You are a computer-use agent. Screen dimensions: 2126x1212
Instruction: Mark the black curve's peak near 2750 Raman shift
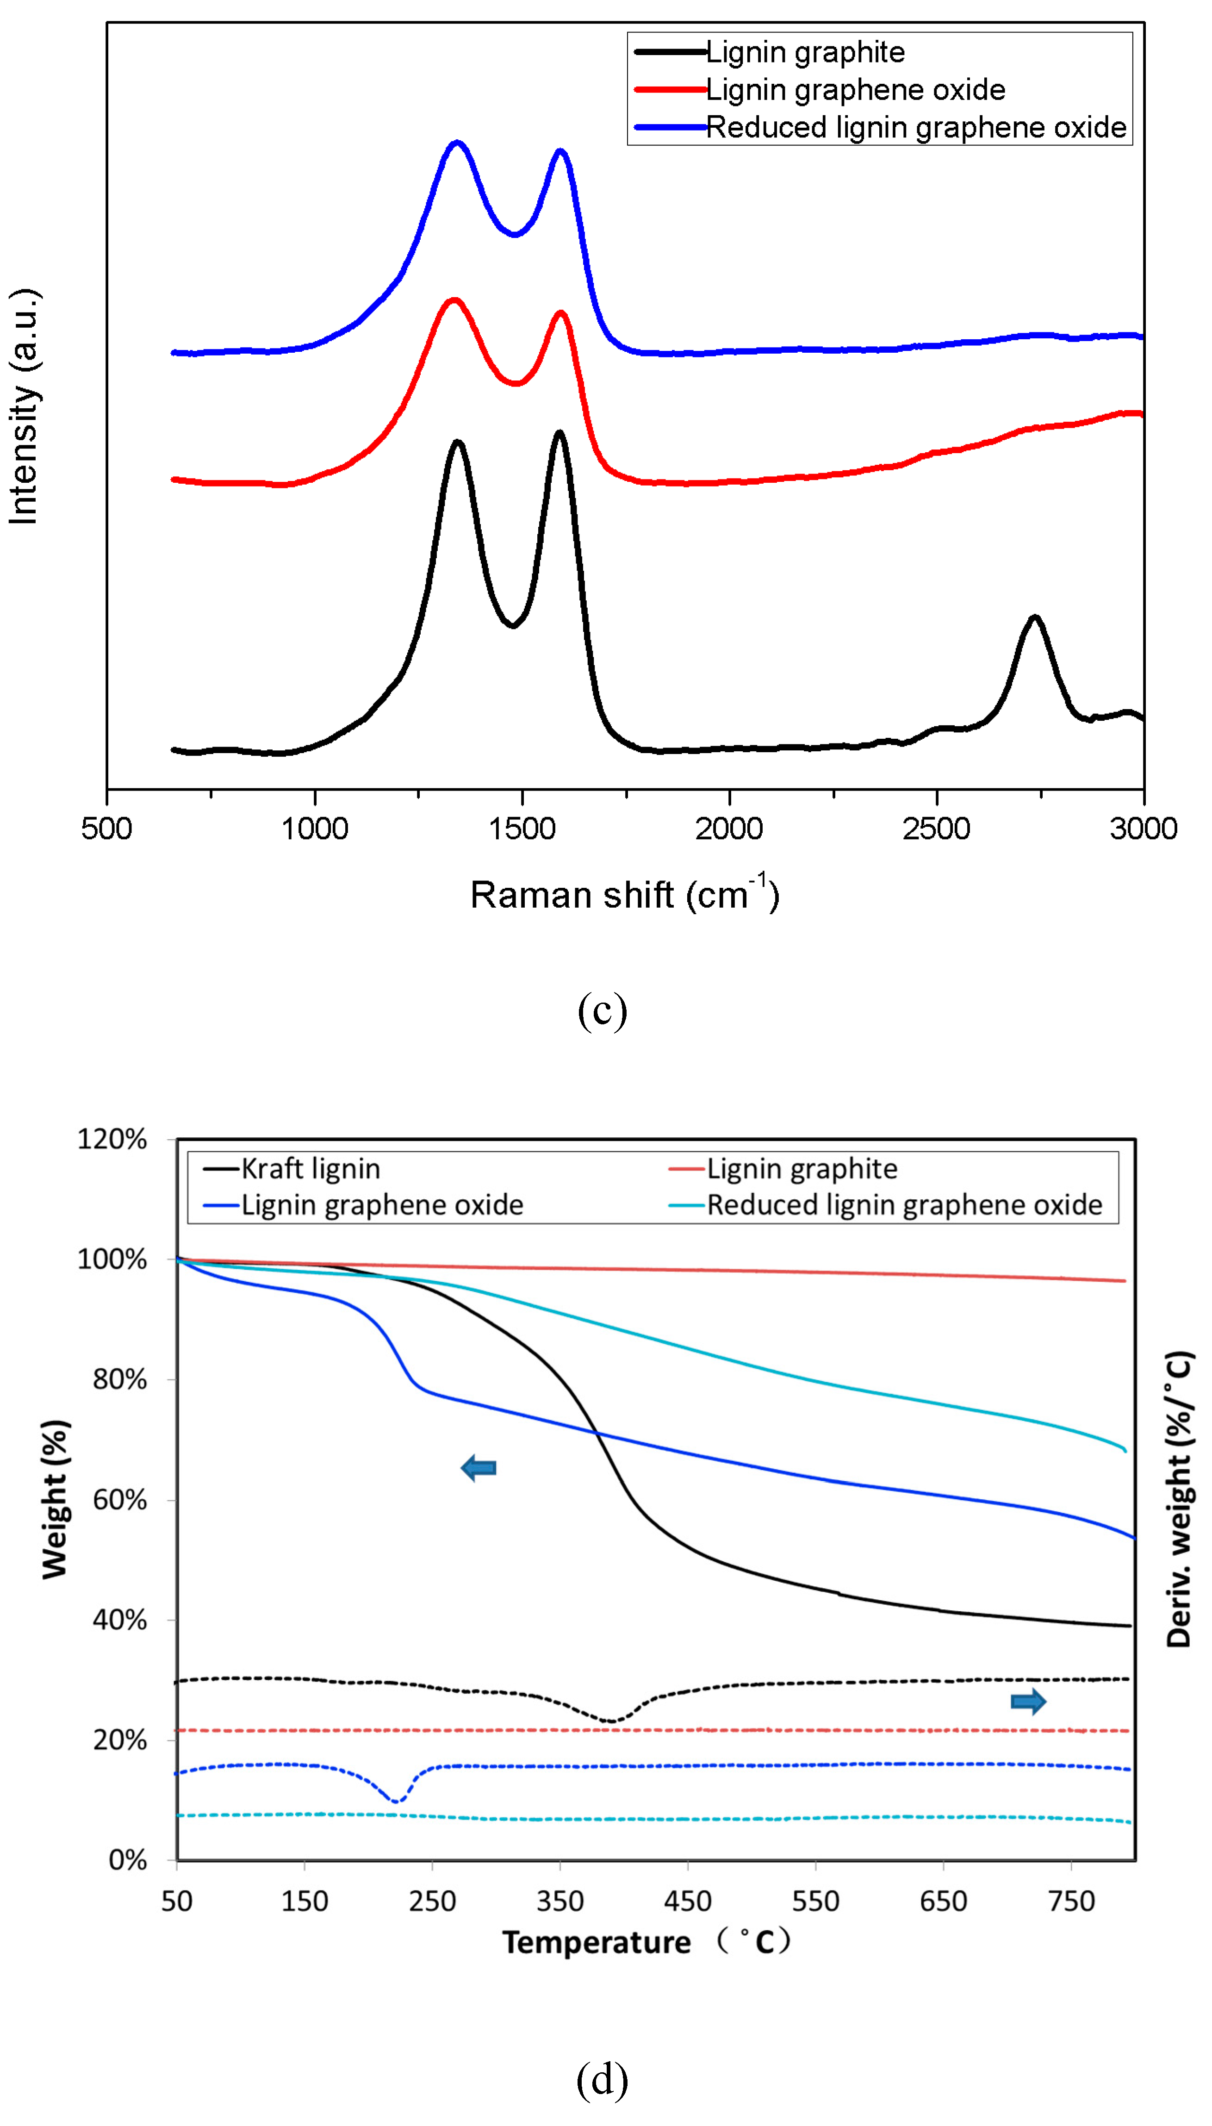pos(1035,617)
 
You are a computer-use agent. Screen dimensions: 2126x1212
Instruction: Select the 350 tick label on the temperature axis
pos(560,1901)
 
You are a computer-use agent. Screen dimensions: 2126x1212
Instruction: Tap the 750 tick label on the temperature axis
pos(1071,1901)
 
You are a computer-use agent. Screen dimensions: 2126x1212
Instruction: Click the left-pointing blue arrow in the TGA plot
pos(479,1468)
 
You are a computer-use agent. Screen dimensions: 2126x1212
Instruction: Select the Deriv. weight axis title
pos(1179,1498)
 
